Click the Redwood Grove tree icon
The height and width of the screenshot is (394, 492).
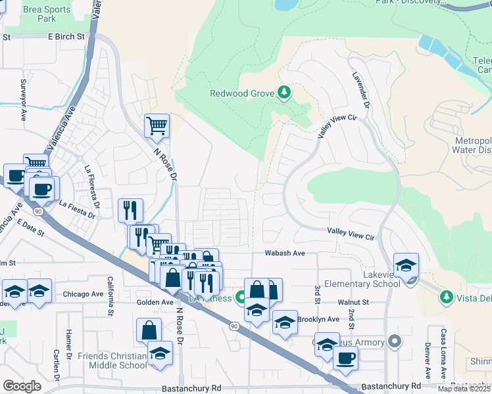284,93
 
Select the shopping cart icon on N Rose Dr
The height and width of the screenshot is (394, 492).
157,125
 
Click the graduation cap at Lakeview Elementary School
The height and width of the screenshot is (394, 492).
406,265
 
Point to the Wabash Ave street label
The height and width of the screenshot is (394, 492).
285,253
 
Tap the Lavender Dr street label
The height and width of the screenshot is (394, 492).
362,91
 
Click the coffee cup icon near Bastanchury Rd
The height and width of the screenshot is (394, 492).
345,358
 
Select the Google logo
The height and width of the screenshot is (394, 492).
22,386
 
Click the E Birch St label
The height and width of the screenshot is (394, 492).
66,37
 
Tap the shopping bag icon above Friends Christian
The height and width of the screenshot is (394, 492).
149,330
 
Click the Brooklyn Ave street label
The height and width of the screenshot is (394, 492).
318,319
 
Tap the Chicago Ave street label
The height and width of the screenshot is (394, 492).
84,294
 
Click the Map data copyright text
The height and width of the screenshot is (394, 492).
464,389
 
